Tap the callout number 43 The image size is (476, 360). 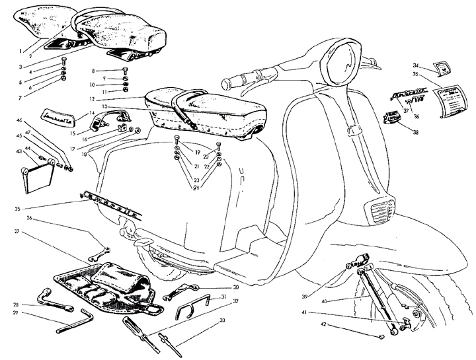(x=19, y=152)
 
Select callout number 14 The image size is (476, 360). (x=93, y=112)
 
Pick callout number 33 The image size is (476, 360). (x=222, y=320)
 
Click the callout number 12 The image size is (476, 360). (x=94, y=98)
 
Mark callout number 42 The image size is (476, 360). (x=324, y=324)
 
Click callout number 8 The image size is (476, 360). (x=94, y=70)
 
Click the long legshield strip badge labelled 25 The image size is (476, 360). (x=109, y=203)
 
